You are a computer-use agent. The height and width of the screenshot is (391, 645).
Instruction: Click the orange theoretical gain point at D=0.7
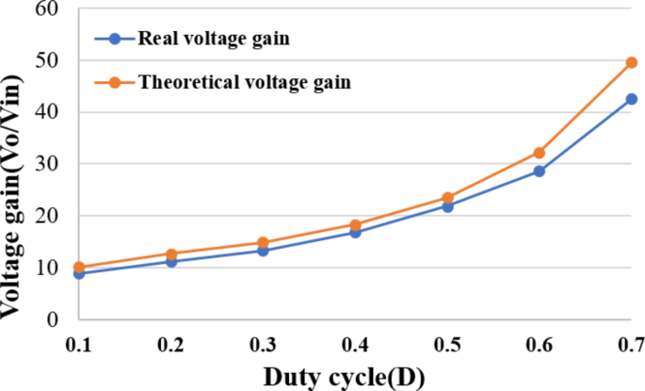point(631,62)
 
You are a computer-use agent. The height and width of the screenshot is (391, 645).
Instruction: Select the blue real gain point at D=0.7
point(631,99)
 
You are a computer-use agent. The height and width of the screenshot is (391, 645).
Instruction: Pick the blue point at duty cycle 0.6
point(540,171)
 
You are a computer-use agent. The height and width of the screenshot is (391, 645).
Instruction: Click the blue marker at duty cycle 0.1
point(79,273)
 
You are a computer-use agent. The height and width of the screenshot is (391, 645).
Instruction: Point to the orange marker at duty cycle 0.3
point(263,243)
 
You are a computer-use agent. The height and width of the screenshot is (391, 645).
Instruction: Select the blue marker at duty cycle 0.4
point(355,232)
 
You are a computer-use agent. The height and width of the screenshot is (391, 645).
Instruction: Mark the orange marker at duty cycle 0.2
point(171,254)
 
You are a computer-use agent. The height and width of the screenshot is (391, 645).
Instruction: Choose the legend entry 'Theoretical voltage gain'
point(244,82)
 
